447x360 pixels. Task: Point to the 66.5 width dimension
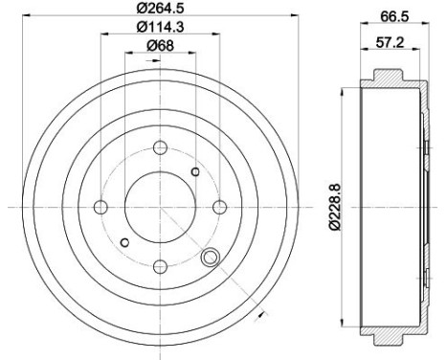[x=388, y=16]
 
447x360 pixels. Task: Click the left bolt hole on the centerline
[x=101, y=207]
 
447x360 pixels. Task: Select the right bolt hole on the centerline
[x=219, y=207]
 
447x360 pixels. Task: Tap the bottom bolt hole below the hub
[x=160, y=266]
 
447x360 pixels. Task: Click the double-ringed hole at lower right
[x=210, y=257]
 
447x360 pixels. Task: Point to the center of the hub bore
[x=160, y=207]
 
